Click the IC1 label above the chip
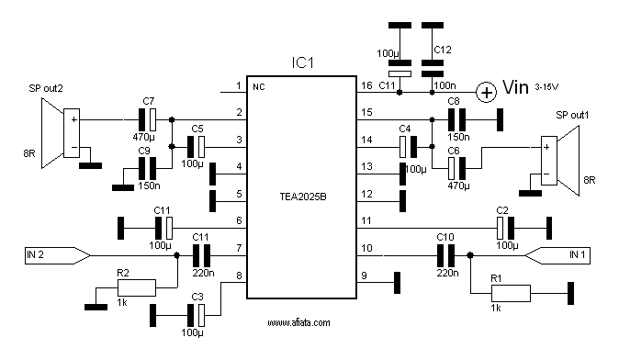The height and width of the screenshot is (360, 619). (302, 62)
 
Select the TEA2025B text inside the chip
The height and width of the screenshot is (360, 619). (303, 197)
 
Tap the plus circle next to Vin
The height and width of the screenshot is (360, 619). (486, 93)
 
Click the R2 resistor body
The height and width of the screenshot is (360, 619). (137, 287)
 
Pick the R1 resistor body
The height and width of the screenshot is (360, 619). (511, 293)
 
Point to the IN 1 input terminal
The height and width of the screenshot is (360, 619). (557, 255)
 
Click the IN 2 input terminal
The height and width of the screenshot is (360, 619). (58, 255)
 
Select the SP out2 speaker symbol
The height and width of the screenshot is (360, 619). (61, 133)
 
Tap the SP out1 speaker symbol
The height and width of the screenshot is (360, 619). (560, 161)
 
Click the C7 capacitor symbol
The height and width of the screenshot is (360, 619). (147, 119)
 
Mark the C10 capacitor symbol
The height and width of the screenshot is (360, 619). (445, 255)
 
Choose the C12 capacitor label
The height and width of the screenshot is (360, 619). (442, 51)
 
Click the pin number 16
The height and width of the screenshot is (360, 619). (366, 85)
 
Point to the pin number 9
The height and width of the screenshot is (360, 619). (364, 276)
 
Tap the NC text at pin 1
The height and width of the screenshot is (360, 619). (259, 87)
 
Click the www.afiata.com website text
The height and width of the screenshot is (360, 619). (298, 323)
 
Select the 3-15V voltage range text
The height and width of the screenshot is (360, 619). (546, 87)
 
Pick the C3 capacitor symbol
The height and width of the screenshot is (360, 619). (197, 315)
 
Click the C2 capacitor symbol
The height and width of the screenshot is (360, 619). (506, 228)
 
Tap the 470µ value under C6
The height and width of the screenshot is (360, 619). (458, 186)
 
